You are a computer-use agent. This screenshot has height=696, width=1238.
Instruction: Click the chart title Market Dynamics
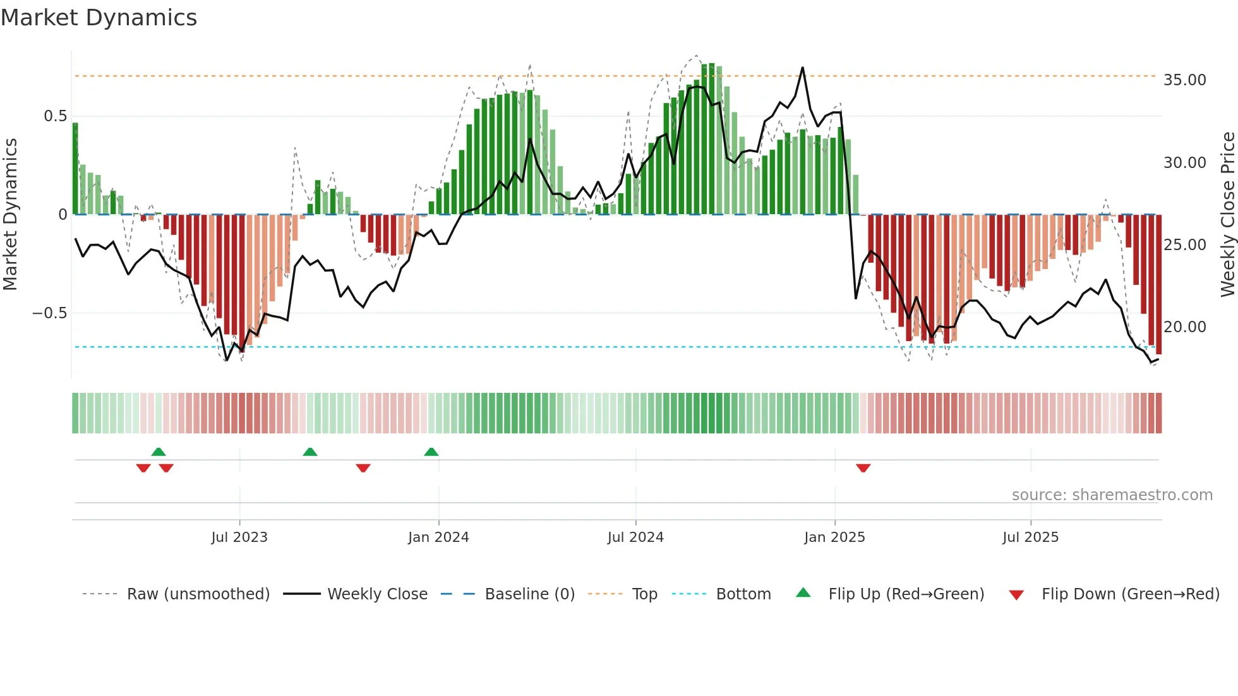click(99, 18)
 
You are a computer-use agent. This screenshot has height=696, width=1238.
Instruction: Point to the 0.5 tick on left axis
click(56, 116)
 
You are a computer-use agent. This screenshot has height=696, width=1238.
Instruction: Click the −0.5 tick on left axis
click(50, 313)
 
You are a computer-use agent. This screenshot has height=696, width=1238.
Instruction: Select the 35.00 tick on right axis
click(1184, 80)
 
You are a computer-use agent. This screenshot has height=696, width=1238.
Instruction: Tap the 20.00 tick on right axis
click(1184, 327)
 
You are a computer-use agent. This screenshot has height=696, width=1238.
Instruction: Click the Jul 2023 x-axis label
click(239, 537)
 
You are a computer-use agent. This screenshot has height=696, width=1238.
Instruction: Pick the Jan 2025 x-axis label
click(834, 537)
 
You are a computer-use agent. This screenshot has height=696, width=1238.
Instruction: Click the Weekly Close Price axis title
click(1227, 215)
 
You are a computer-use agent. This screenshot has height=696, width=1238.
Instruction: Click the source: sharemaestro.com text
click(1112, 495)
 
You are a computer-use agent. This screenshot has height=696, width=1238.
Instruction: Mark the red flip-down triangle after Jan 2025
click(863, 468)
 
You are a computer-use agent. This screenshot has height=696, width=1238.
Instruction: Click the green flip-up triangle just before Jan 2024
click(431, 452)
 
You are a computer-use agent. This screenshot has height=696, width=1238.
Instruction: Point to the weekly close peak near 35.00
click(803, 68)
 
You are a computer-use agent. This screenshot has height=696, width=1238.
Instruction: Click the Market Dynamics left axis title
click(10, 215)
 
